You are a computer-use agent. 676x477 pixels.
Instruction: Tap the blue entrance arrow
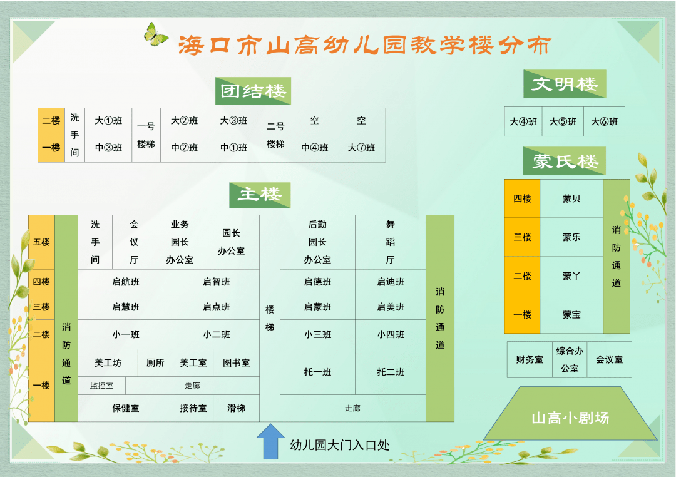[x=270, y=442]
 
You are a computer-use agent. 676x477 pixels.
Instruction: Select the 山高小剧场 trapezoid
[x=570, y=413]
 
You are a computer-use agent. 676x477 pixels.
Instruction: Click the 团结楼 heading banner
[x=253, y=91]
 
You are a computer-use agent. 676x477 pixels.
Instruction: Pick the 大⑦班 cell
[x=361, y=148]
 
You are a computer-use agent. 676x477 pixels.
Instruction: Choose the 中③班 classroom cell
[x=108, y=148]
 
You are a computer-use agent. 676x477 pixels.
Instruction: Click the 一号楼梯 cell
[x=146, y=135]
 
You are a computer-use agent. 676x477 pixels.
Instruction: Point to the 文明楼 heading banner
[x=565, y=84]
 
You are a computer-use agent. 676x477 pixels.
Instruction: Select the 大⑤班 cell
[x=563, y=121]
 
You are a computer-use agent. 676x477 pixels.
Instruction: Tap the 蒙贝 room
[x=571, y=199]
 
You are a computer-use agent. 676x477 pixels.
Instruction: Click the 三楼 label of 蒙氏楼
[x=522, y=237]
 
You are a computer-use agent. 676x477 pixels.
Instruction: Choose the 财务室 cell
[x=530, y=360]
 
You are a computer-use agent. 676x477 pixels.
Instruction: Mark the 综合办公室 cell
[x=570, y=360]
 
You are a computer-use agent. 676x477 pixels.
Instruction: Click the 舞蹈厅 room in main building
[x=390, y=242]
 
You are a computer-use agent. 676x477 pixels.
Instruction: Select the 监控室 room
[x=102, y=386]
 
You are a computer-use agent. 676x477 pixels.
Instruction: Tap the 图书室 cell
[x=236, y=363]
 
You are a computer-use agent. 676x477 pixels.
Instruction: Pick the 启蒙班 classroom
[x=317, y=307]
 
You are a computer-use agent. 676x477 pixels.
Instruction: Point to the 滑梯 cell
[x=236, y=408]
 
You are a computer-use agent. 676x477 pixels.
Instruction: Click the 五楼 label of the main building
[x=41, y=242]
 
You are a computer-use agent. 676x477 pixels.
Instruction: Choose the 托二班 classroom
[x=390, y=372]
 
